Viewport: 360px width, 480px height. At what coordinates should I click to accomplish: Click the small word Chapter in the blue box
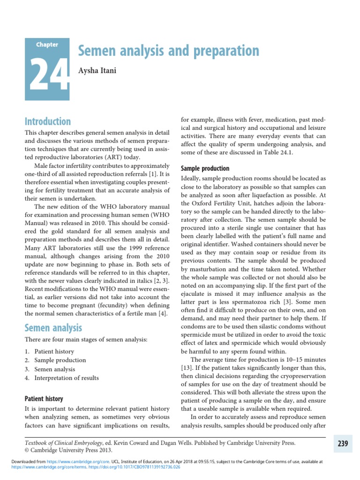47,45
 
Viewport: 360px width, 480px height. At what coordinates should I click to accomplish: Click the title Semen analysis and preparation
168,51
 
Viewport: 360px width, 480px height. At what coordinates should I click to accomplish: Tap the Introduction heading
47,121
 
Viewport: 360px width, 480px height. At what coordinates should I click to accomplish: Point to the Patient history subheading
44,398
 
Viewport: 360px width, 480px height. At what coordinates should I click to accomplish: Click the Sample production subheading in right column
205,168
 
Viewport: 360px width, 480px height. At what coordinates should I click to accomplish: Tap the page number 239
342,443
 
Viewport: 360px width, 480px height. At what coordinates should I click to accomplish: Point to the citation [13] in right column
187,369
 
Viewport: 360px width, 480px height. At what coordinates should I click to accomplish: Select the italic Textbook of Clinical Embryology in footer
67,442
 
